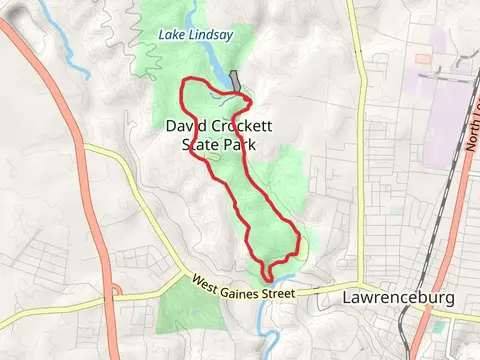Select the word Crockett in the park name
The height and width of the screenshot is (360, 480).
click(243, 127)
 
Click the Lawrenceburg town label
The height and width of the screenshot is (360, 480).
click(398, 298)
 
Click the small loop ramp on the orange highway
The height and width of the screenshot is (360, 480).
click(116, 291)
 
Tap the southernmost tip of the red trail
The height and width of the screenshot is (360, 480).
click(267, 279)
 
